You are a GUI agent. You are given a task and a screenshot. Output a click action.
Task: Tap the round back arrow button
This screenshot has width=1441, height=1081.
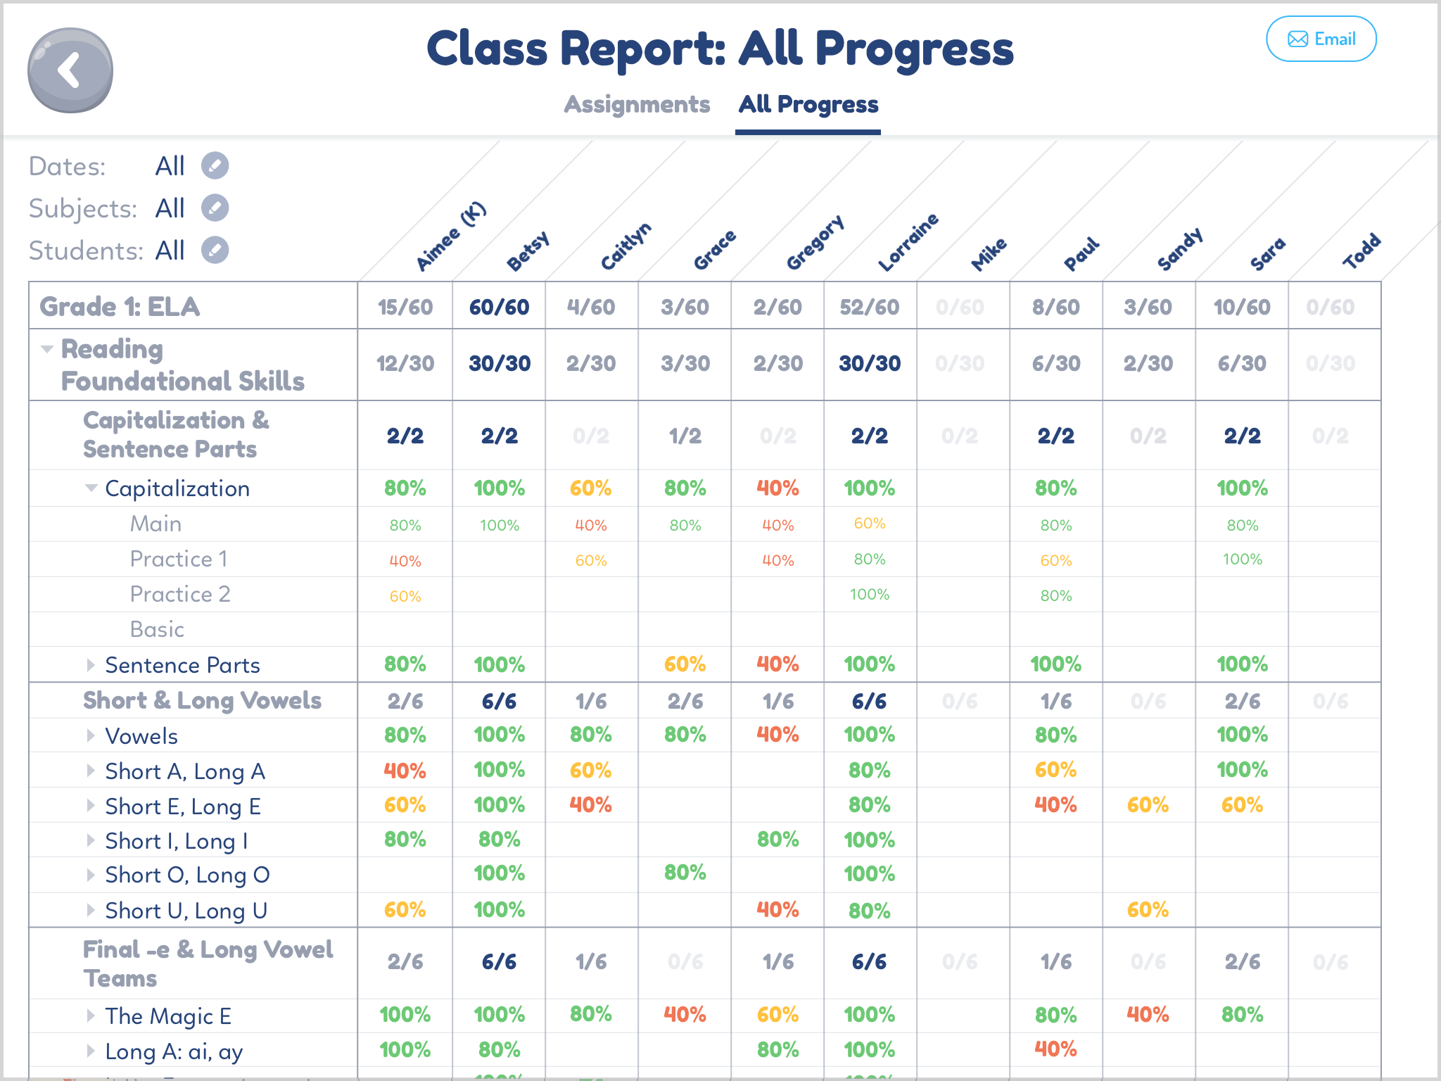pyautogui.click(x=70, y=70)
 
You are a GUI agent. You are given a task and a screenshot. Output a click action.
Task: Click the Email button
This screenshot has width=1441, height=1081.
pyautogui.click(x=1321, y=39)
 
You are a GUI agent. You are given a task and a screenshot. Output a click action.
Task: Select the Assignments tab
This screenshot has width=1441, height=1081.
pyautogui.click(x=637, y=104)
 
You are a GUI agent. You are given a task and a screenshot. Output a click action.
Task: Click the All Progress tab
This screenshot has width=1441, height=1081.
pyautogui.click(x=808, y=104)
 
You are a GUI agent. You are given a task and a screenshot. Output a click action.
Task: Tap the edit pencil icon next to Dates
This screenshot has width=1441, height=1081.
pyautogui.click(x=215, y=166)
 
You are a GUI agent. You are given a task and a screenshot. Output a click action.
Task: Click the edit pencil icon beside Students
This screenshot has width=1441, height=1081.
pyautogui.click(x=215, y=251)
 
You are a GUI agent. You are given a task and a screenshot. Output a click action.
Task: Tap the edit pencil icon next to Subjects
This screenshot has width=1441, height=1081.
pyautogui.click(x=215, y=208)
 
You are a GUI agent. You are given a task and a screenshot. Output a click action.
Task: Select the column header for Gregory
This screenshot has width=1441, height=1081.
pyautogui.click(x=815, y=243)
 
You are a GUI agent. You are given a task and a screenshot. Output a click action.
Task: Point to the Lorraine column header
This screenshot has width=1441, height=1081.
pyautogui.click(x=908, y=243)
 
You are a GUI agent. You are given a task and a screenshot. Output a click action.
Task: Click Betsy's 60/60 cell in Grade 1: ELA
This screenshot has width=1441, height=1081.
pyautogui.click(x=499, y=307)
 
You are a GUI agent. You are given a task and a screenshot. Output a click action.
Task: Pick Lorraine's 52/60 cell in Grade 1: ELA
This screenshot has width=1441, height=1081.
pyautogui.click(x=869, y=307)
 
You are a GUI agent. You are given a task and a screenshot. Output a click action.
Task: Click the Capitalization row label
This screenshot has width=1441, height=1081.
pyautogui.click(x=177, y=488)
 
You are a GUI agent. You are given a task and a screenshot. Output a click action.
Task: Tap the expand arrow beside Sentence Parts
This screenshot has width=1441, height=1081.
pyautogui.click(x=91, y=665)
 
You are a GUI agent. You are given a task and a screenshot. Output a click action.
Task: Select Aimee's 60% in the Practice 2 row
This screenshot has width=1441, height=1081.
pyautogui.click(x=405, y=597)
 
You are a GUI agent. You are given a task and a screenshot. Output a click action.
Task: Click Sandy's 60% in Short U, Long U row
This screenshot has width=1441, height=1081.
pyautogui.click(x=1147, y=910)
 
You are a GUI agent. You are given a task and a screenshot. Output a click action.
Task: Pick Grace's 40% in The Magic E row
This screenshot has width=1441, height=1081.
pyautogui.click(x=685, y=1015)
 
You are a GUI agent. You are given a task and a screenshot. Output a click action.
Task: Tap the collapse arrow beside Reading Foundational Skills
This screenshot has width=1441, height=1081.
pyautogui.click(x=47, y=349)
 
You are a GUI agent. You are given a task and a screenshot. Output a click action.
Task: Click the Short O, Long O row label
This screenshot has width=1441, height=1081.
pyautogui.click(x=187, y=875)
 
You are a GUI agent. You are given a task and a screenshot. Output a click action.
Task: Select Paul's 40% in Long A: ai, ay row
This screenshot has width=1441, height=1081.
pyautogui.click(x=1055, y=1049)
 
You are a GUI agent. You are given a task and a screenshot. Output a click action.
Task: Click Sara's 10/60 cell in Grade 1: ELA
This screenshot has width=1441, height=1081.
pyautogui.click(x=1241, y=307)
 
